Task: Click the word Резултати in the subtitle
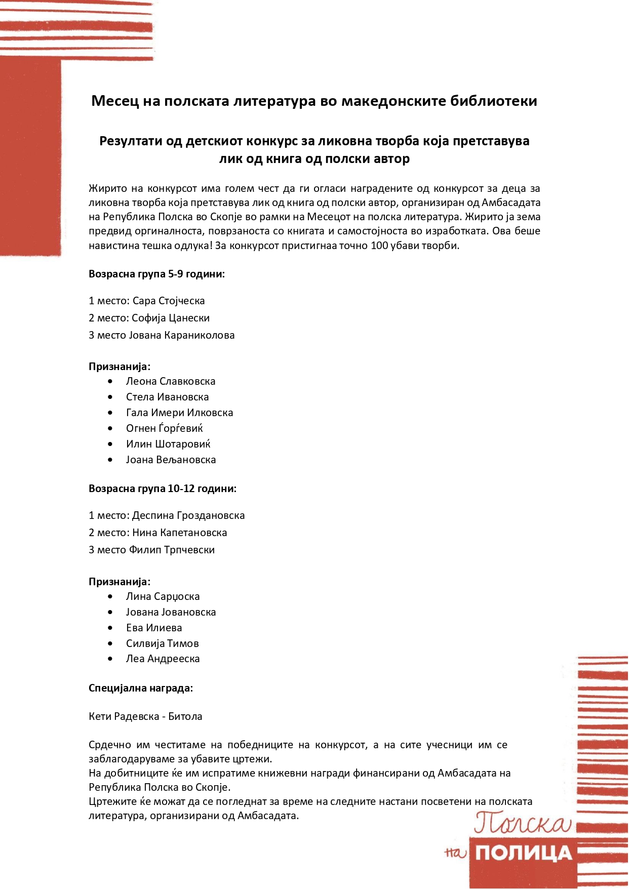(x=131, y=141)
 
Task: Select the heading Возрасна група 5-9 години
(x=156, y=274)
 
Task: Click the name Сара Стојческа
(x=169, y=301)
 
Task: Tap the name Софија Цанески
(x=171, y=318)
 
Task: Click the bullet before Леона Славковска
(x=110, y=381)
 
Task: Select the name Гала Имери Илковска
(x=179, y=413)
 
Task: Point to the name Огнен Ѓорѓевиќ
(x=165, y=429)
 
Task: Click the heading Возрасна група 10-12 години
(x=163, y=489)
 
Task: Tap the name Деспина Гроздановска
(x=188, y=516)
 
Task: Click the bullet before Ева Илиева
(x=110, y=628)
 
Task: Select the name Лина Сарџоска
(x=163, y=597)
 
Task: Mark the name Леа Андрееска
(x=163, y=659)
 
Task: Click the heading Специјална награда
(x=140, y=689)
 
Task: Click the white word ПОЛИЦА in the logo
(x=524, y=854)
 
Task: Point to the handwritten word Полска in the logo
(x=523, y=824)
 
